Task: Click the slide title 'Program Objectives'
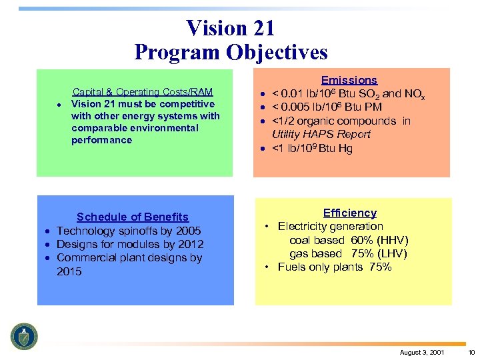click(x=231, y=52)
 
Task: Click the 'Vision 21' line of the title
click(x=231, y=28)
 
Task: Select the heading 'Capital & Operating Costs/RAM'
click(x=143, y=92)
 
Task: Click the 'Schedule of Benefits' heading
click(x=133, y=217)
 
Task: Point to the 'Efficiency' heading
click(x=349, y=213)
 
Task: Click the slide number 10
click(x=471, y=351)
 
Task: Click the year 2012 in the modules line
click(x=190, y=244)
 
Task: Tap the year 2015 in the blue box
click(x=69, y=271)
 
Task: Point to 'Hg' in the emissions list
click(x=345, y=148)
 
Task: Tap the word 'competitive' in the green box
click(x=187, y=104)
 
